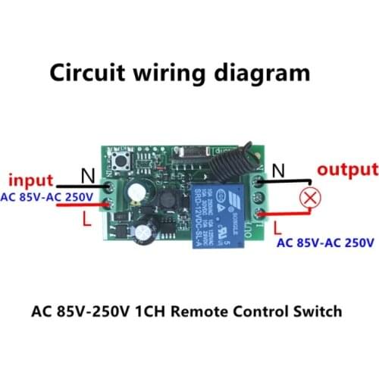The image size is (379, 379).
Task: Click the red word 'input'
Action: pos(30,181)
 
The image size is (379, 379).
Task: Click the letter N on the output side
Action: pos(278,172)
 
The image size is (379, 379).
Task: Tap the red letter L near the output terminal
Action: pos(277,226)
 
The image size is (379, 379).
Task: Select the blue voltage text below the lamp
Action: pos(325,243)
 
